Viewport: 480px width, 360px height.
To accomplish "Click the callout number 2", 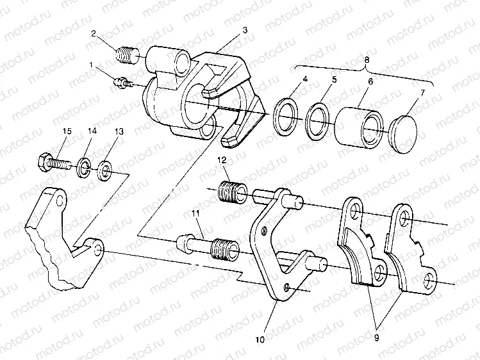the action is [x=94, y=34].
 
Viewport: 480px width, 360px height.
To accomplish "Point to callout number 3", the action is [x=245, y=29].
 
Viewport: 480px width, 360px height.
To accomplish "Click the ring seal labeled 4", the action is [x=286, y=117].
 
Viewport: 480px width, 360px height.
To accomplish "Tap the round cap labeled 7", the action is [x=402, y=135].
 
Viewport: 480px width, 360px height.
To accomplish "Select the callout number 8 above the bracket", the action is [x=367, y=60].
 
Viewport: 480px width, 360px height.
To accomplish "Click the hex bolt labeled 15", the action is [x=55, y=161].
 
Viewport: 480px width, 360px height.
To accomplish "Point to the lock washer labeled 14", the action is [x=82, y=167].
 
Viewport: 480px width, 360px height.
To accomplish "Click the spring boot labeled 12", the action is [x=232, y=192].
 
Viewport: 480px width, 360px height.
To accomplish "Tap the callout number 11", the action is [x=195, y=213].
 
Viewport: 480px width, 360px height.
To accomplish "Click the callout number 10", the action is [x=260, y=340].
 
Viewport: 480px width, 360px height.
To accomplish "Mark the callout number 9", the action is [x=376, y=338].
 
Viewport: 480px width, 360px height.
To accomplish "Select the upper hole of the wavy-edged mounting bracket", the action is [x=60, y=200].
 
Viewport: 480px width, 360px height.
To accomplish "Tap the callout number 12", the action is [x=222, y=160].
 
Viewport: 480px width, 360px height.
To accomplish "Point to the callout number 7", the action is [x=423, y=92].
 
